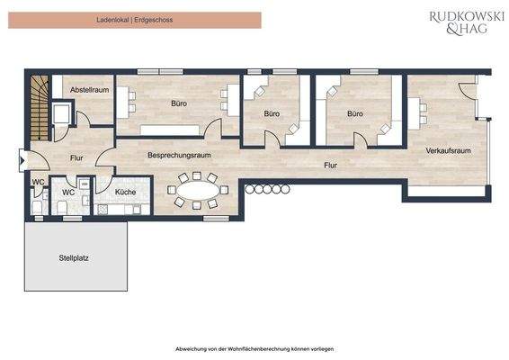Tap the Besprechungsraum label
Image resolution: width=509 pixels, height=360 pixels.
tap(180, 155)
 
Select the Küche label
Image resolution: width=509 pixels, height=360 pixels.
tap(125, 192)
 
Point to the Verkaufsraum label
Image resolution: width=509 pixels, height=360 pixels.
tap(449, 149)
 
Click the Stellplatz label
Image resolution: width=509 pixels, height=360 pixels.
tap(75, 257)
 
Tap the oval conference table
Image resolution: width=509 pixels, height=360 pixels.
tap(197, 190)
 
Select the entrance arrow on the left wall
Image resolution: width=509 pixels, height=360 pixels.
tap(22, 163)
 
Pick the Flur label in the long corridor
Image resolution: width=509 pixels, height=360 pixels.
tap(331, 166)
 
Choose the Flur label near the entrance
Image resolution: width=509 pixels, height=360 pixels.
tap(76, 158)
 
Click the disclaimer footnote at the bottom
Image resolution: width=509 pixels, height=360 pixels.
tap(254, 346)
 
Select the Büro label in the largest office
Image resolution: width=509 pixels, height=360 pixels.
tap(180, 103)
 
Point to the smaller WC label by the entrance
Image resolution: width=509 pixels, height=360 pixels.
tap(39, 182)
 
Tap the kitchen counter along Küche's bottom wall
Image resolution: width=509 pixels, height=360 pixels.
tap(122, 210)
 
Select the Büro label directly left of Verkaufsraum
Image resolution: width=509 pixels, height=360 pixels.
tap(355, 114)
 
